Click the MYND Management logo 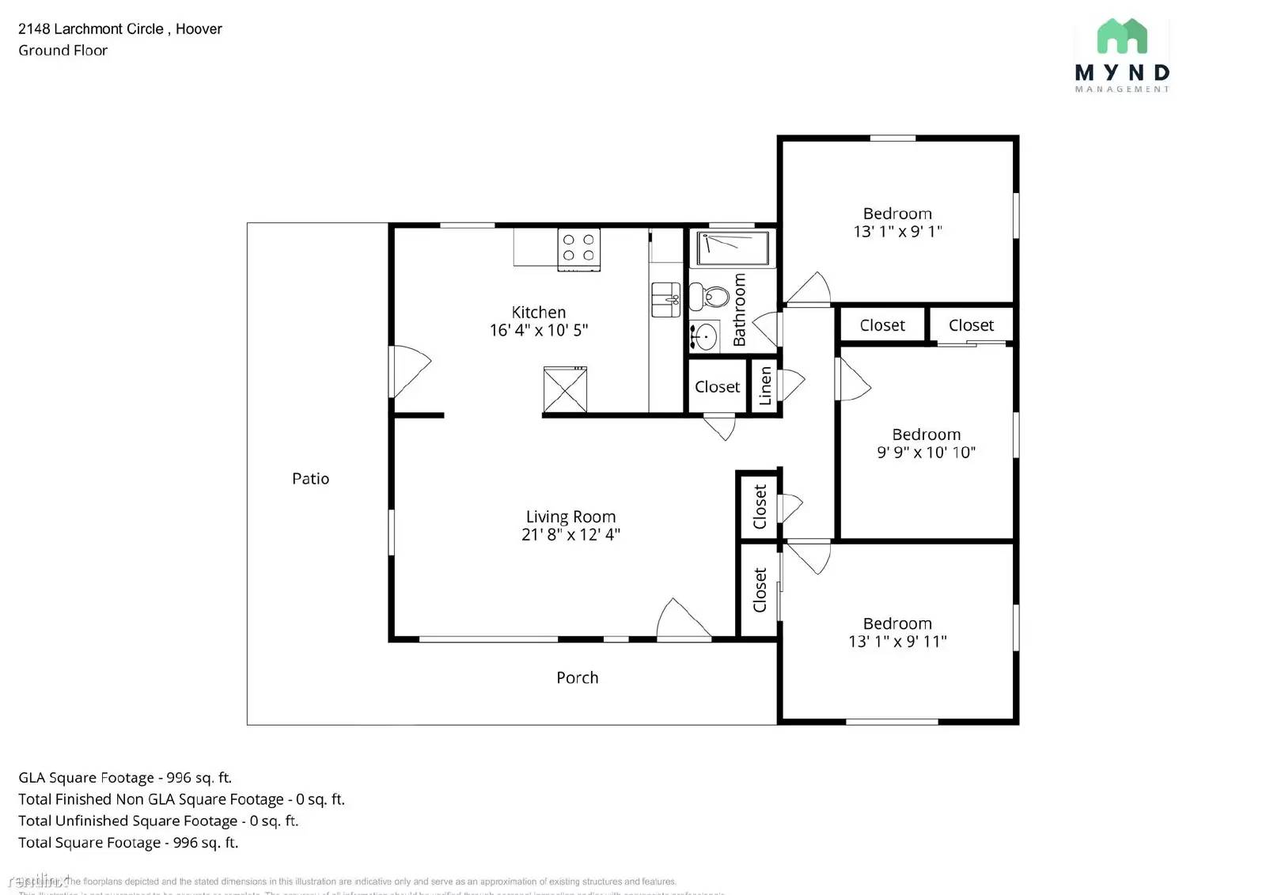point(1121,55)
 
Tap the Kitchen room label point(538,313)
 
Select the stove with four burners point(578,248)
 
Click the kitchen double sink point(665,300)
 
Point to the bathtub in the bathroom point(732,248)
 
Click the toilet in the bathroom point(709,297)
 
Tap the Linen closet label point(765,386)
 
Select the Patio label point(310,479)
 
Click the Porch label point(577,678)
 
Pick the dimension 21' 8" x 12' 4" point(570,535)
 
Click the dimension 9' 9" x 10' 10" point(926,453)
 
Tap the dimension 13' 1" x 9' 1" point(897,232)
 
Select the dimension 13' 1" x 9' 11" point(897,642)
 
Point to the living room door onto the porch point(682,619)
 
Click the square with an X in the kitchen point(565,389)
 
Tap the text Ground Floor point(63,51)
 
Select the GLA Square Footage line point(125,778)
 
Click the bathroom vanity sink point(704,337)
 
